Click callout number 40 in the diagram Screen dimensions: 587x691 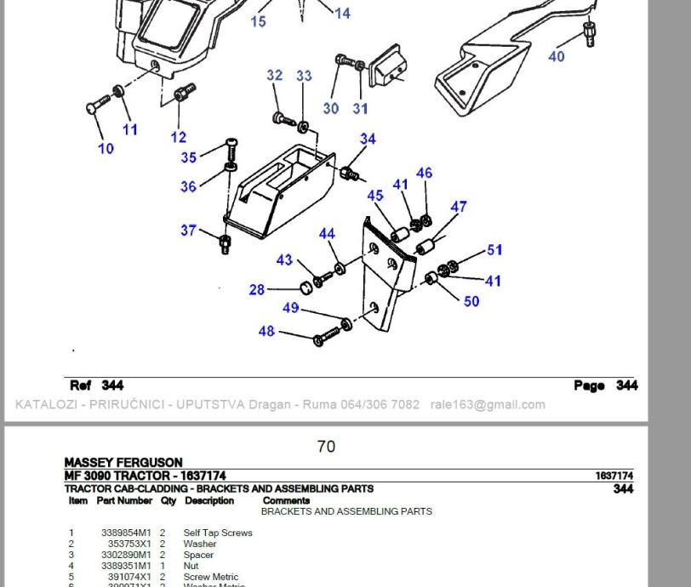click(556, 56)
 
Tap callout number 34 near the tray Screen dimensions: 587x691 click(367, 139)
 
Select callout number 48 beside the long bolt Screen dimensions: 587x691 click(266, 331)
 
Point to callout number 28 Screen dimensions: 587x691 click(256, 290)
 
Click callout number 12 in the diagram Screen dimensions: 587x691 click(178, 136)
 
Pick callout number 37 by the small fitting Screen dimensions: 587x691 click(188, 230)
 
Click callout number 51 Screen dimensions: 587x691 click(494, 249)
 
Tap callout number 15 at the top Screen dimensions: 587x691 click(258, 21)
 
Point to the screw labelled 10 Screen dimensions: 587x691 click(98, 103)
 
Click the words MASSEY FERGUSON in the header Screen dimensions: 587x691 click(123, 463)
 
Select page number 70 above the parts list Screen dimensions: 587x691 click(326, 446)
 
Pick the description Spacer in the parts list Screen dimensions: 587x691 click(198, 555)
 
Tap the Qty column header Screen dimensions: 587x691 click(168, 501)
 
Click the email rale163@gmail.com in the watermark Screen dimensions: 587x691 click(488, 404)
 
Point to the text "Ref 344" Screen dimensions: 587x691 click(96, 385)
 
